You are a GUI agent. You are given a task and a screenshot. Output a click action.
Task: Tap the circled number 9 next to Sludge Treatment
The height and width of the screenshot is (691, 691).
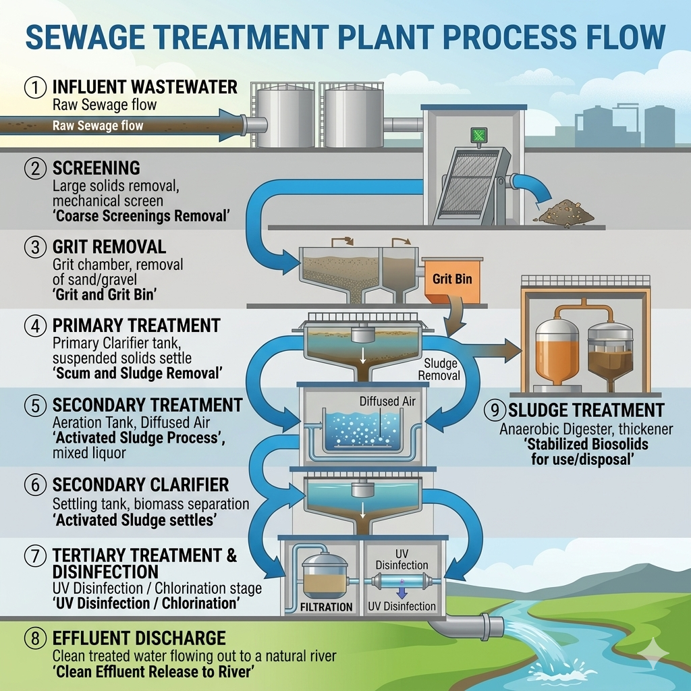495,410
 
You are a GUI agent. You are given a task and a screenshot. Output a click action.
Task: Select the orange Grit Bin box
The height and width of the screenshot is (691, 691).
451,278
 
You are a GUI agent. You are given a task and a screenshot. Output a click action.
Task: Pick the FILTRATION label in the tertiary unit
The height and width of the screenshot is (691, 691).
327,606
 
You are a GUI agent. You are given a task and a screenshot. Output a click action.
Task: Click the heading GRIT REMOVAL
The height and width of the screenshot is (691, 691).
109,247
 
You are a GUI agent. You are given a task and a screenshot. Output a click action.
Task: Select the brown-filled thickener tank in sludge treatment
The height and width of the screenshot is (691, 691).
609,354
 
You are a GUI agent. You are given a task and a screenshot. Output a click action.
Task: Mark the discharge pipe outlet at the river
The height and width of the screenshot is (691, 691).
491,626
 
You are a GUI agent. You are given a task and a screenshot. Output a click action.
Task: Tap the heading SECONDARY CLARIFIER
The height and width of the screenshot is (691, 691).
140,485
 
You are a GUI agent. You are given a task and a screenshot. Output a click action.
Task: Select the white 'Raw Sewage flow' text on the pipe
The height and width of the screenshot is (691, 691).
97,126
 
